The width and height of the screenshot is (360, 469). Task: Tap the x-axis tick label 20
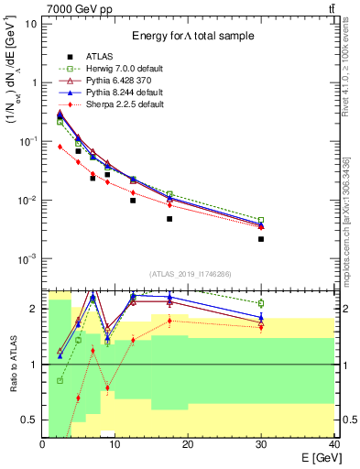pos(189,443)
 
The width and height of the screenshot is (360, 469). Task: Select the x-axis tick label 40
pos(333,443)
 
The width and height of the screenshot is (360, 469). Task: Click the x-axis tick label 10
pos(115,443)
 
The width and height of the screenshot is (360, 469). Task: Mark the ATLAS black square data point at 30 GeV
pos(261,239)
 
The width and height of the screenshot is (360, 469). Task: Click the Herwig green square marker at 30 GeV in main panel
pos(261,220)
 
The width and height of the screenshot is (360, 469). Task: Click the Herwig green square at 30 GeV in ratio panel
pos(261,303)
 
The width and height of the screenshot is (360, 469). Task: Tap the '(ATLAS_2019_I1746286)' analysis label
pos(191,273)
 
